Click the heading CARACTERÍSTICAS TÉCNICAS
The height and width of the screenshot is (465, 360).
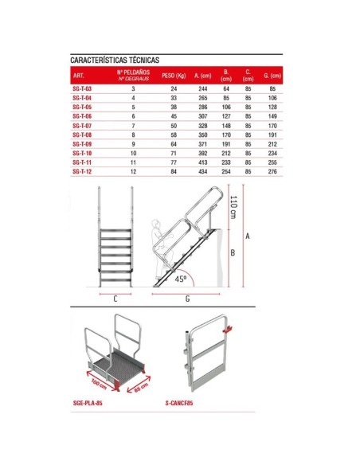point(115,60)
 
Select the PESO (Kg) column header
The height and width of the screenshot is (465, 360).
point(173,76)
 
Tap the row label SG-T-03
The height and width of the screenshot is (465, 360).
point(82,89)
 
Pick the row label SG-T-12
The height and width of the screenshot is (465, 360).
point(82,171)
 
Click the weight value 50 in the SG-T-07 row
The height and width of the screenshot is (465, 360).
point(173,126)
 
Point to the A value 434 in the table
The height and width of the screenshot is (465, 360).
point(202,171)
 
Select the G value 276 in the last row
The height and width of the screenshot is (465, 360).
point(272,171)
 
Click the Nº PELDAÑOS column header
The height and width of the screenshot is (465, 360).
point(133,76)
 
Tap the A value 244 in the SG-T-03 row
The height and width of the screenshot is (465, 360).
point(202,89)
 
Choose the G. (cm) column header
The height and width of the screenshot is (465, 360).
point(272,76)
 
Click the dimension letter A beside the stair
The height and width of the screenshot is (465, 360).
point(247,237)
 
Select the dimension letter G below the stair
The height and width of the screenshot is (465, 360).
point(186,300)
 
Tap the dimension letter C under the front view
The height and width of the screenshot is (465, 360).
point(115,300)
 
